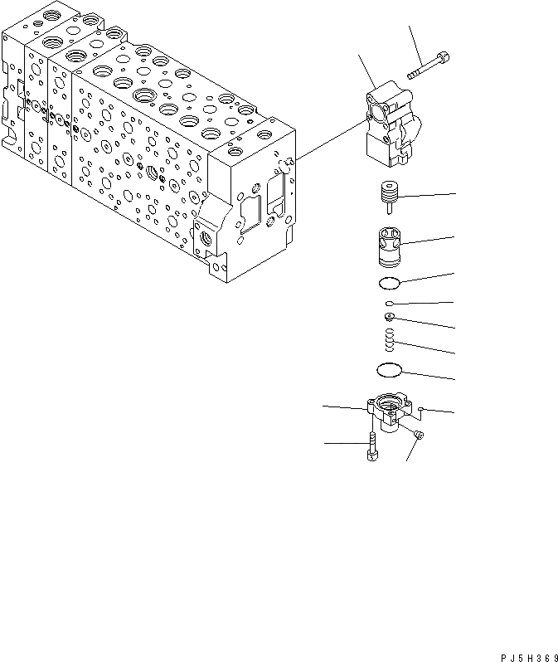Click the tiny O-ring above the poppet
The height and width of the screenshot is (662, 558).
389,304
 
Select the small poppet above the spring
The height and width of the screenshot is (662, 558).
390,317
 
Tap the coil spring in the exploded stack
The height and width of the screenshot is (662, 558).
390,338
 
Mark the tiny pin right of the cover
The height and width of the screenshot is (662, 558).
423,407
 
